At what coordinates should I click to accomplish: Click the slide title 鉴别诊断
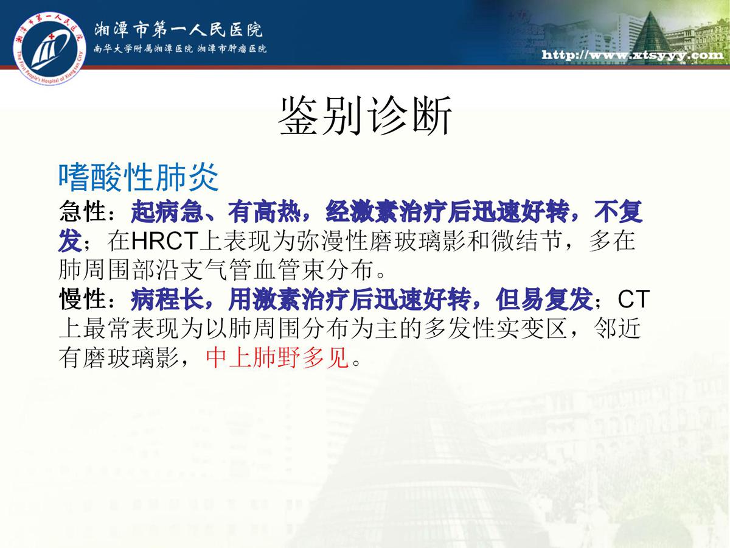[365, 116]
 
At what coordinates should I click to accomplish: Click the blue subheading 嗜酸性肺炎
[138, 177]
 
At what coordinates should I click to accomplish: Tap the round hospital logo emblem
[49, 48]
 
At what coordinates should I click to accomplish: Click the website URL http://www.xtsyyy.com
[632, 55]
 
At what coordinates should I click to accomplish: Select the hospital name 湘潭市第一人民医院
[178, 30]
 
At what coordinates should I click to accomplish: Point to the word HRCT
[165, 241]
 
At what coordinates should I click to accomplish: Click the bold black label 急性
[83, 212]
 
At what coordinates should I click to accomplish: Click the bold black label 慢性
[83, 299]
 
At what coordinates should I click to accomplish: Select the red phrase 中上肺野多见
[277, 357]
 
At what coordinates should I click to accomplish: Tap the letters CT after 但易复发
[633, 299]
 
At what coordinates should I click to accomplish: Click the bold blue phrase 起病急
[167, 212]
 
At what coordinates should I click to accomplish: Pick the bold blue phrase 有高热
[265, 212]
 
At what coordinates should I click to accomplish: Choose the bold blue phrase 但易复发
[544, 299]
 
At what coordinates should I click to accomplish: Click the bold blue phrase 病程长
[167, 299]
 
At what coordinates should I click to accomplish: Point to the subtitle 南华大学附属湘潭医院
[143, 49]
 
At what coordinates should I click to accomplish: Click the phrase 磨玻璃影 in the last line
[131, 357]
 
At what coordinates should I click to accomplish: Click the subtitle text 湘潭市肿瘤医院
[232, 49]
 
